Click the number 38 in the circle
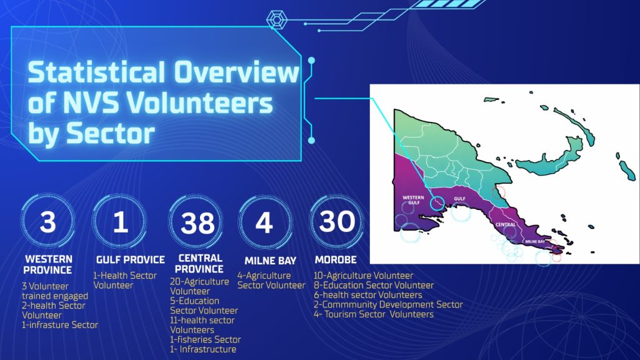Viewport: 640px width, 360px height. (197, 223)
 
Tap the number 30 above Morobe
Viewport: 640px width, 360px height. (337, 221)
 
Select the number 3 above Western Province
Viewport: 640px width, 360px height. (47, 222)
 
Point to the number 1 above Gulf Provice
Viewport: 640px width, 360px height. (121, 222)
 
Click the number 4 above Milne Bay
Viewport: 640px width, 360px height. (264, 223)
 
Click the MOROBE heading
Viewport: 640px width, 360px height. (336, 259)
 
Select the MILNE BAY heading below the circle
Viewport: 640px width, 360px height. (270, 261)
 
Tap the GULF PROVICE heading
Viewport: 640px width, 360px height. (130, 259)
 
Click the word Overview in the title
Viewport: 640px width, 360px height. (237, 72)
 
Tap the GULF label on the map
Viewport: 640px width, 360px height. (459, 199)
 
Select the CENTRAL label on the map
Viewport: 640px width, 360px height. (505, 224)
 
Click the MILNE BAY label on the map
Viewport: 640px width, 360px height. (535, 242)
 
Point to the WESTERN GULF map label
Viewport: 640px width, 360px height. (413, 200)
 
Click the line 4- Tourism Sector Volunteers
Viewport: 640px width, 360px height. (374, 314)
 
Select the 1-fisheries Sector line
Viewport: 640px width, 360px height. (205, 339)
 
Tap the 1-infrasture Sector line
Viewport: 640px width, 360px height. (60, 325)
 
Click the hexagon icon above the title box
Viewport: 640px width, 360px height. (277, 19)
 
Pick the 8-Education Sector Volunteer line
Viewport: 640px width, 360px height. (374, 285)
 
